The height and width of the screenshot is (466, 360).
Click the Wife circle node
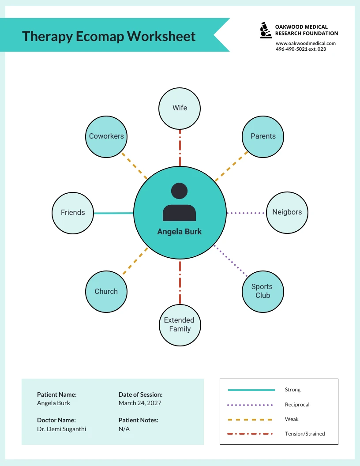click(180, 108)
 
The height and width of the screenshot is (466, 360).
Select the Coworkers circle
click(106, 136)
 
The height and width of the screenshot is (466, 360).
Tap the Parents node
click(263, 136)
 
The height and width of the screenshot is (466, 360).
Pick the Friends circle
click(73, 213)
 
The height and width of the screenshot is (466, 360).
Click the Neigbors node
click(287, 212)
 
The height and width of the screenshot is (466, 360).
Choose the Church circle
click(106, 292)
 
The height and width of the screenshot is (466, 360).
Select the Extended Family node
click(180, 325)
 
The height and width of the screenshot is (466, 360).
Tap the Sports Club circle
click(262, 291)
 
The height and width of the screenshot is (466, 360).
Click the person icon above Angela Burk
click(179, 202)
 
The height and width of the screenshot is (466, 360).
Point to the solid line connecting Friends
click(114, 213)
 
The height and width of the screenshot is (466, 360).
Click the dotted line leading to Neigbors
click(246, 213)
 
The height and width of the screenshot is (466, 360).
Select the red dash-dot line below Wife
click(180, 147)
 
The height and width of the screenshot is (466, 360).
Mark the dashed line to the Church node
click(135, 262)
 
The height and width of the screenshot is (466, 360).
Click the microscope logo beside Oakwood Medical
click(265, 30)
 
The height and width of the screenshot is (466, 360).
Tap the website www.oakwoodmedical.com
click(306, 43)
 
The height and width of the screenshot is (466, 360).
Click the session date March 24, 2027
click(140, 403)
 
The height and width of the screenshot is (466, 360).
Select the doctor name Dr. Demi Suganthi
click(61, 429)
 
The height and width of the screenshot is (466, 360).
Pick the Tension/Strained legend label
click(305, 434)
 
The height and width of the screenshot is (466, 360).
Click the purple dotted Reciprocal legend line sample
click(250, 405)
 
